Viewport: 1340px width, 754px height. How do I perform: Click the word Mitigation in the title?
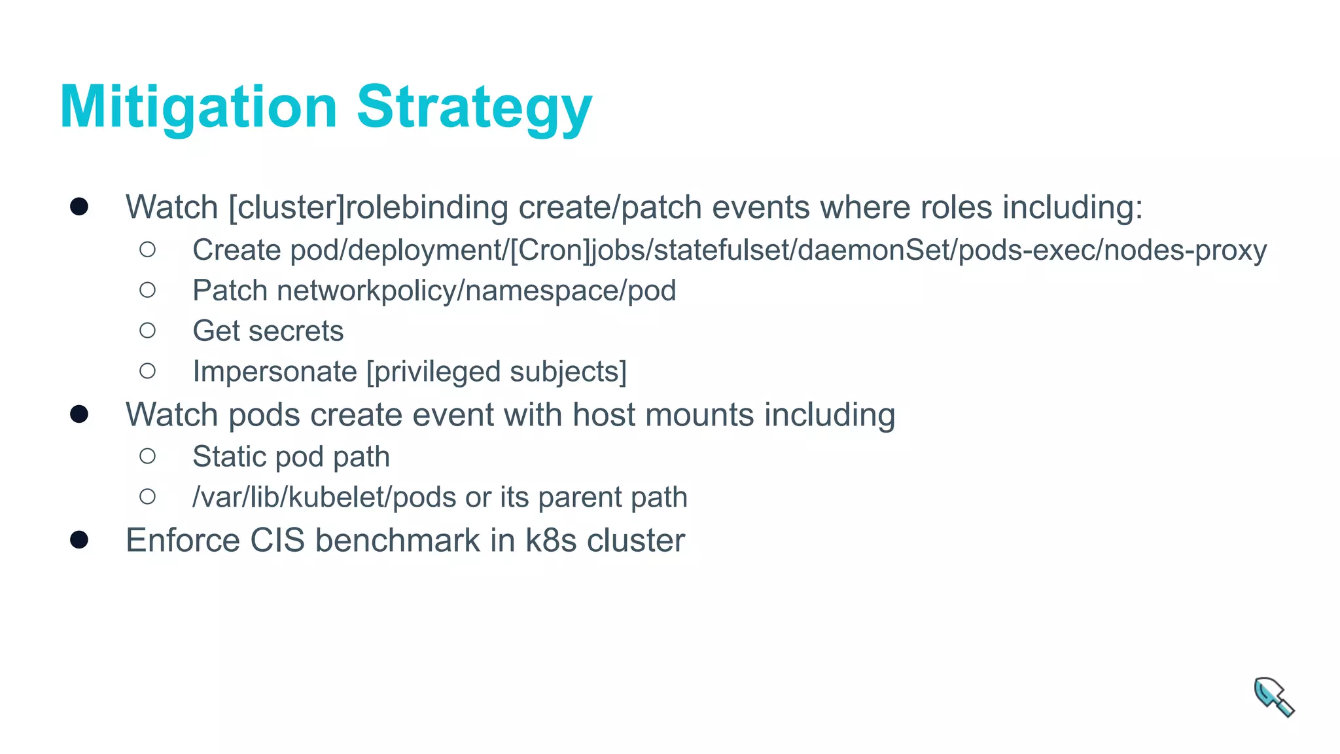(198, 107)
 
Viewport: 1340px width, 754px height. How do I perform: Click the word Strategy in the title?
(474, 107)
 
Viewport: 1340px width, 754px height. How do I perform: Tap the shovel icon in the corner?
(1273, 697)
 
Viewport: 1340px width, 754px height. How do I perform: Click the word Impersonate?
(275, 372)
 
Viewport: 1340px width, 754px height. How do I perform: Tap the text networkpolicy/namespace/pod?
(476, 291)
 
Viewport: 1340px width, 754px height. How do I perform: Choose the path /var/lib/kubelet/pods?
(324, 497)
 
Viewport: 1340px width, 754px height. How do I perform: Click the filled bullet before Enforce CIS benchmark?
(79, 540)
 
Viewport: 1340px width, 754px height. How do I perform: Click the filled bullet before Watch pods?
(79, 414)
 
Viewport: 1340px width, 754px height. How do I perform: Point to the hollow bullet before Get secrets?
(148, 331)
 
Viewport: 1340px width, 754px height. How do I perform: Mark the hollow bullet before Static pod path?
(148, 456)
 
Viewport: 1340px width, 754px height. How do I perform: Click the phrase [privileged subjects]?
(496, 372)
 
